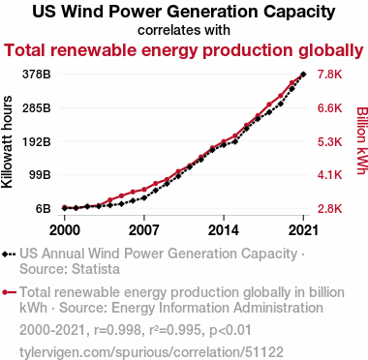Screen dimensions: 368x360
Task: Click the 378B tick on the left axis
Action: (x=37, y=75)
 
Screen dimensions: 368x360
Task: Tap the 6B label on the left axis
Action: (x=43, y=209)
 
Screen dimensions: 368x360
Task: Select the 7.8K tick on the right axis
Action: (x=329, y=75)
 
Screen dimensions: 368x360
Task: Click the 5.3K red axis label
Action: (x=329, y=141)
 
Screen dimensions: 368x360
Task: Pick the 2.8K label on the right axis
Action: (x=329, y=209)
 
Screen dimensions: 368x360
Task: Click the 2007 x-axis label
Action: (x=144, y=230)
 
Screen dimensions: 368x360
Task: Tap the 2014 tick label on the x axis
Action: (x=224, y=230)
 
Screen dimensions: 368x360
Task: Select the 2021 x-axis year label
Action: (x=303, y=230)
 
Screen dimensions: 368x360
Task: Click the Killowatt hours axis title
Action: (x=7, y=142)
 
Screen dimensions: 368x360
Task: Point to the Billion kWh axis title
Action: (x=362, y=140)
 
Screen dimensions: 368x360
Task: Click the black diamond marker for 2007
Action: (x=144, y=197)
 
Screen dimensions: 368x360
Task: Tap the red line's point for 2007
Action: (x=144, y=190)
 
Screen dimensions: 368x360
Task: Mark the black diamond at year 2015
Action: (x=235, y=141)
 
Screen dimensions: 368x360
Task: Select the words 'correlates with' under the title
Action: (x=184, y=30)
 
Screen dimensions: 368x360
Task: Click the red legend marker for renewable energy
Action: (x=9, y=292)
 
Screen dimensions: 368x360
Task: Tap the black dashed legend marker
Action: (x=9, y=254)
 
